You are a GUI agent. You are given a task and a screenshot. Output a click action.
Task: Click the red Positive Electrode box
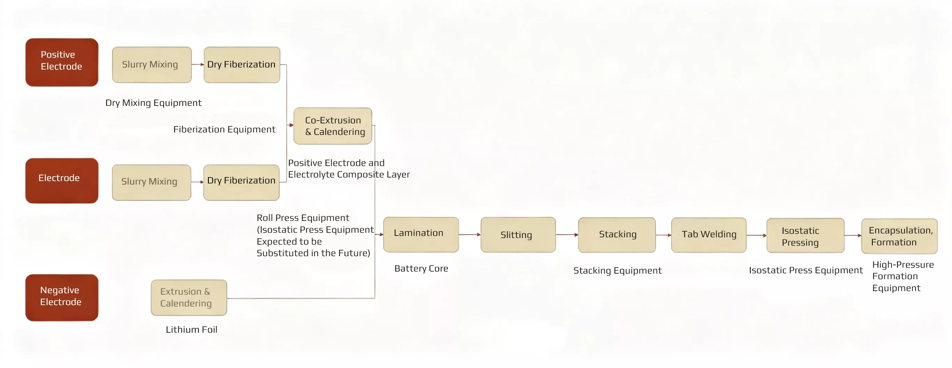(62, 62)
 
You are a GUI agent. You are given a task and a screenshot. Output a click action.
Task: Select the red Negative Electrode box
(62, 297)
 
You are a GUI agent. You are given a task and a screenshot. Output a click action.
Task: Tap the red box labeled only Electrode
(62, 180)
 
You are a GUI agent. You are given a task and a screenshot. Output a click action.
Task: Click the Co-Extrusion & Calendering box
(333, 126)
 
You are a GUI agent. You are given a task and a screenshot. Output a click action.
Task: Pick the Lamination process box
(421, 234)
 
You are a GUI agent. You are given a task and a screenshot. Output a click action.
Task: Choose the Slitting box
(518, 235)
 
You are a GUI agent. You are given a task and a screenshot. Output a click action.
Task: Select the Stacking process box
(617, 235)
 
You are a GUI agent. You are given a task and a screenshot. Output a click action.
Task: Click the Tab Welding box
(709, 235)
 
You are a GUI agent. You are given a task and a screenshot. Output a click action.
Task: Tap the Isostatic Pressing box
(805, 236)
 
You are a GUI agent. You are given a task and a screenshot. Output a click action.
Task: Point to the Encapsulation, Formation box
(899, 236)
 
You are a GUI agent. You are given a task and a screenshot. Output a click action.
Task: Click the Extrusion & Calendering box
(189, 297)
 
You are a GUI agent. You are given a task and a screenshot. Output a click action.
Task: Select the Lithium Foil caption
(191, 330)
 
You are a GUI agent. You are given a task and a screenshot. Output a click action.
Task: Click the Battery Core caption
(421, 268)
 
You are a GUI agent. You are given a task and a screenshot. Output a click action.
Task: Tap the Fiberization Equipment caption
(224, 129)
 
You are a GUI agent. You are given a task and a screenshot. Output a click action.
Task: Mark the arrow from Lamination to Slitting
(470, 234)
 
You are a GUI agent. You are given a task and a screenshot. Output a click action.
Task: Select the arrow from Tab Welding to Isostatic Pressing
(756, 235)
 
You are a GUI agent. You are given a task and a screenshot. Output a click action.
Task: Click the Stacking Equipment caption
(617, 270)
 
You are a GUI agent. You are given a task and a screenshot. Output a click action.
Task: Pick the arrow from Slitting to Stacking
(567, 234)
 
